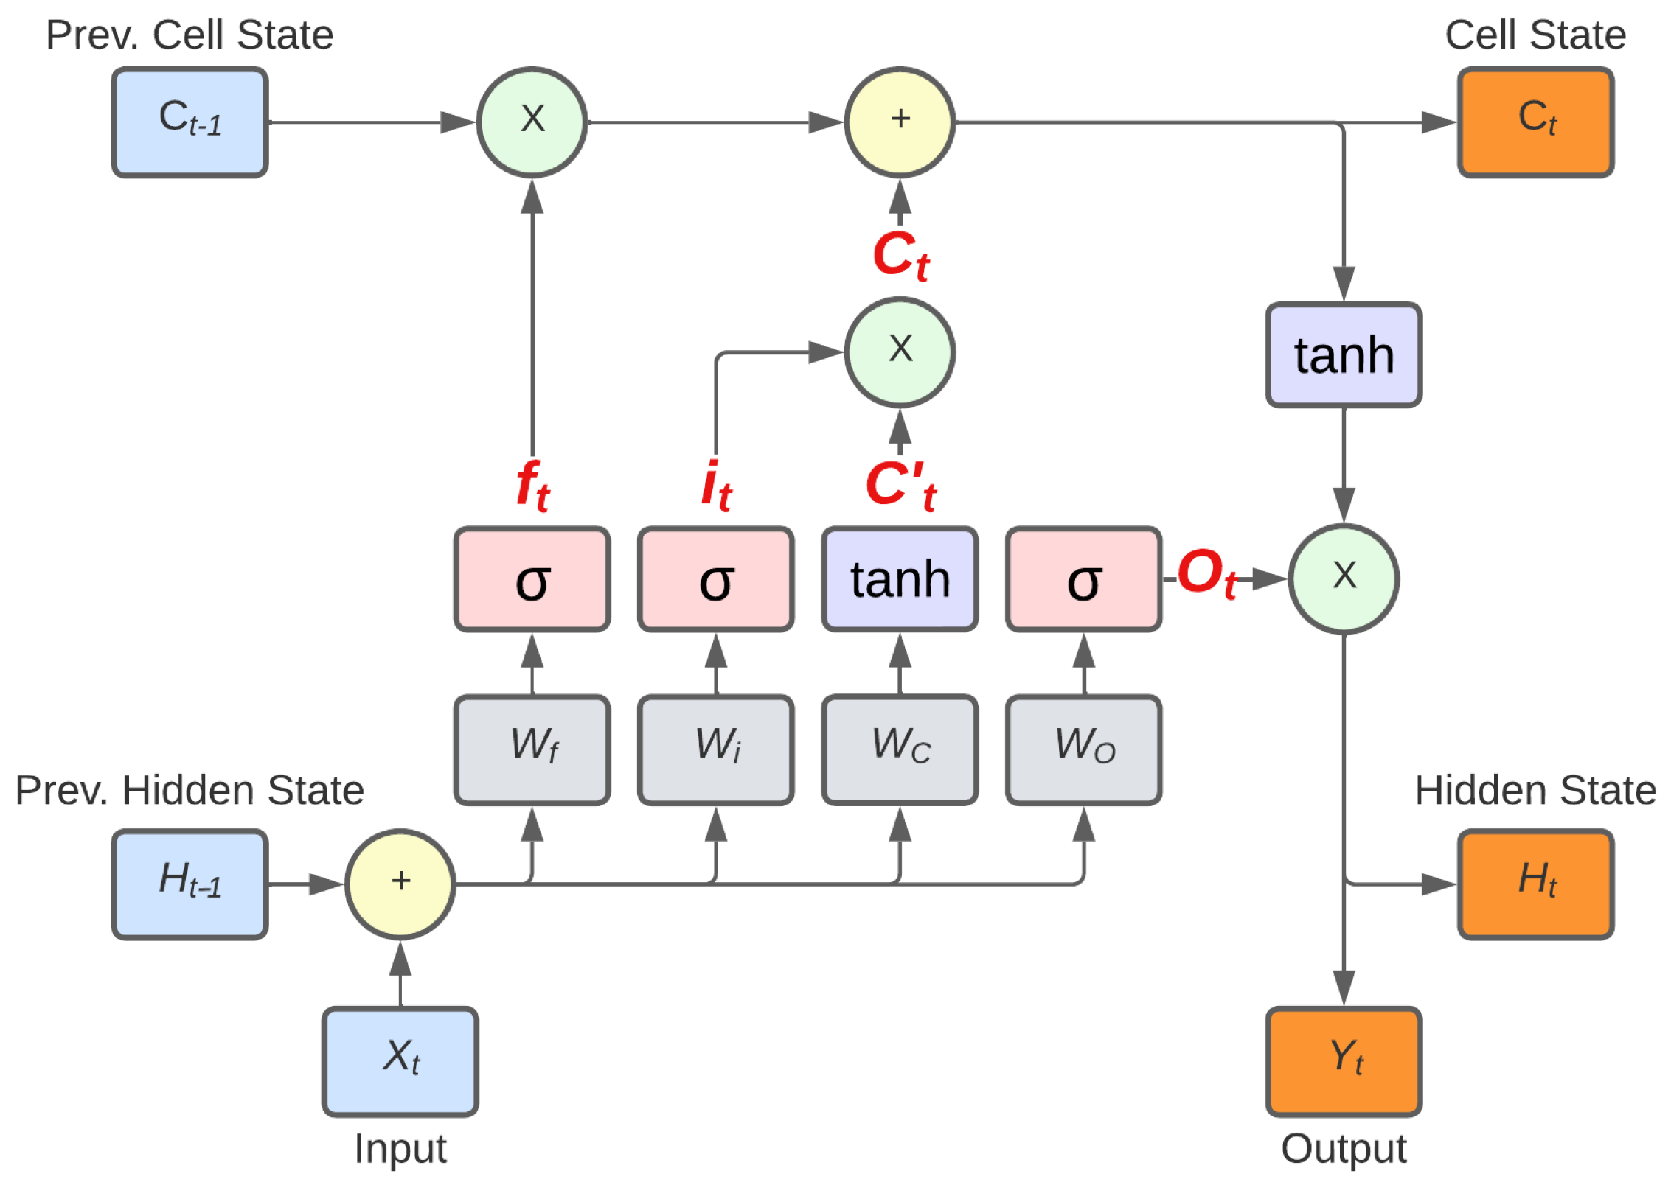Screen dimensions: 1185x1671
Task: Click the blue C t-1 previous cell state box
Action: (190, 122)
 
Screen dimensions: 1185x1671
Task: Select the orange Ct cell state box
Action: (1535, 122)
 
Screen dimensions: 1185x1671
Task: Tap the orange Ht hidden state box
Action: (1535, 884)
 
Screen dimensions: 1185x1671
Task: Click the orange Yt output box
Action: (1344, 1061)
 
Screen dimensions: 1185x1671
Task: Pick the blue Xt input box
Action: (400, 1061)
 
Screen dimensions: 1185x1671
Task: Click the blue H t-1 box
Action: (190, 884)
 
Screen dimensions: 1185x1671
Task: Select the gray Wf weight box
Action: (532, 749)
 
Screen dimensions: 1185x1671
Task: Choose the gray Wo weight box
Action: (1083, 749)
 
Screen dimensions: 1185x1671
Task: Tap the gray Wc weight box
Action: (900, 749)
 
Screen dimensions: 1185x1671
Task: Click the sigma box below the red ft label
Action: (532, 579)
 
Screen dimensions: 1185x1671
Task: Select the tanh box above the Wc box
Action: (900, 579)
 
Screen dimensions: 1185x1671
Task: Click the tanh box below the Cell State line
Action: (1344, 354)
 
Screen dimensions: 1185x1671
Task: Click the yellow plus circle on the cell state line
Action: (900, 122)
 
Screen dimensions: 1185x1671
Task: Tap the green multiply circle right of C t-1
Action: (532, 122)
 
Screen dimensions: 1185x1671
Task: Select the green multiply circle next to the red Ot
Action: (1344, 579)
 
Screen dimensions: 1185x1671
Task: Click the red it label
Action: (715, 486)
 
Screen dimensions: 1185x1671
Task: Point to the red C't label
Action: (900, 486)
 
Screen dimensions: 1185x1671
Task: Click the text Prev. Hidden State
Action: (190, 790)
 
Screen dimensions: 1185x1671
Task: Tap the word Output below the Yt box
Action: (1344, 1148)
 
